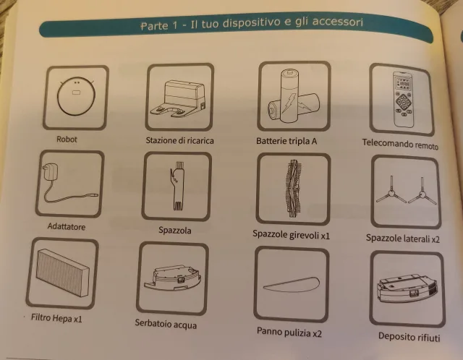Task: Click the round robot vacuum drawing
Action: click(76, 96)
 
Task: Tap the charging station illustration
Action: click(178, 98)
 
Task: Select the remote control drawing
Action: click(402, 100)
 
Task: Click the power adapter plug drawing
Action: click(69, 184)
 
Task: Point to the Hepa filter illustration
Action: click(62, 273)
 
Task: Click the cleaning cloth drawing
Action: click(292, 283)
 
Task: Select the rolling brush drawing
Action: click(293, 189)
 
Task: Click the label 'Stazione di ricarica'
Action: click(179, 140)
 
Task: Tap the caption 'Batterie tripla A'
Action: click(286, 142)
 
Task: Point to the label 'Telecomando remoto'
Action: click(400, 144)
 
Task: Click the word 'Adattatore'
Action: click(67, 226)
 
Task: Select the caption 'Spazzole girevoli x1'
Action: click(291, 235)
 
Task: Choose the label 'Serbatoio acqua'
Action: click(166, 324)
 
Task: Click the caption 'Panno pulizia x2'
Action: click(289, 332)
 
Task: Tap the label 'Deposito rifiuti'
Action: click(409, 337)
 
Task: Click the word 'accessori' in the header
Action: click(338, 22)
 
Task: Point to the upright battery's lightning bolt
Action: click(288, 103)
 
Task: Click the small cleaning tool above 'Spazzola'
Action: click(177, 187)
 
